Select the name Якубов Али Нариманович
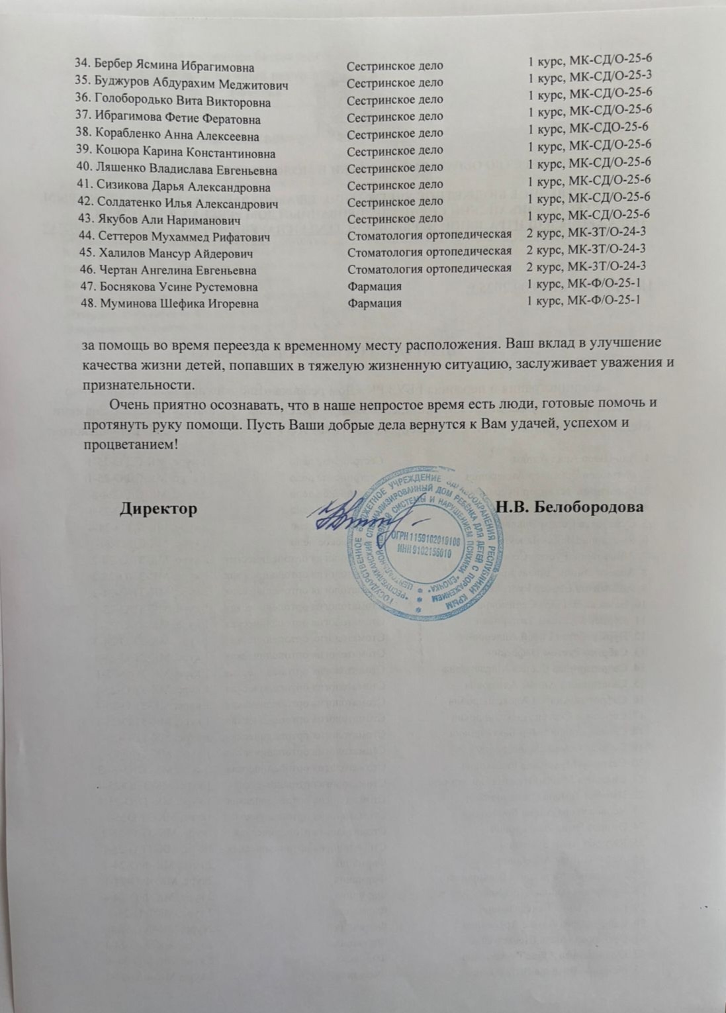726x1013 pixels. point(168,219)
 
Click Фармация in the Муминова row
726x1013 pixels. point(375,303)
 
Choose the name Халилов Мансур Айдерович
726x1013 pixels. point(174,253)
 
